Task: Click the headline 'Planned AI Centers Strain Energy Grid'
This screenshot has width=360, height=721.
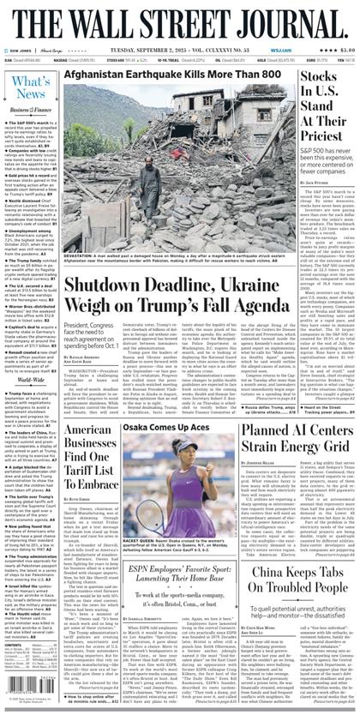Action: [296, 438]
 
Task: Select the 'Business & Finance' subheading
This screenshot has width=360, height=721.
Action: [30, 111]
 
